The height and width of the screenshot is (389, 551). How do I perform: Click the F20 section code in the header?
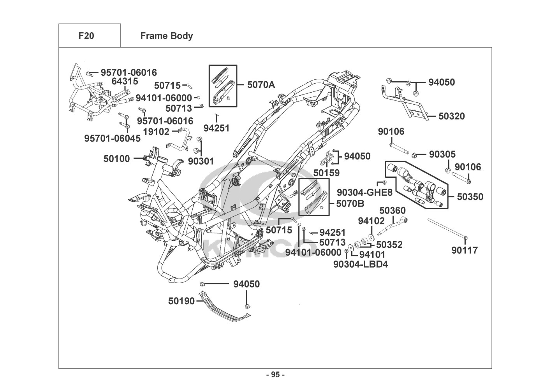point(86,36)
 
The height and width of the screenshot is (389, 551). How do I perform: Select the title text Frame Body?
point(166,36)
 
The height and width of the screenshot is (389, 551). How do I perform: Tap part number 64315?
point(125,81)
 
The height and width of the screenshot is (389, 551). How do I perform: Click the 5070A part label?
point(261,84)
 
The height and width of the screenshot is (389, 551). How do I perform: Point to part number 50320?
point(451,116)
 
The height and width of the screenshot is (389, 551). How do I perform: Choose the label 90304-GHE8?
point(364,193)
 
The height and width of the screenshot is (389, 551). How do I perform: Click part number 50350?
point(470,197)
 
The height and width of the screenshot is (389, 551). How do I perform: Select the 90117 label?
point(465,250)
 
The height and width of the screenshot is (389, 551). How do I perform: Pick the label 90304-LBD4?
point(361,265)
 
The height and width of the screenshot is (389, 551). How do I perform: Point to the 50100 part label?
point(116,159)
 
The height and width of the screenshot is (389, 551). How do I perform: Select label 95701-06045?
point(113,138)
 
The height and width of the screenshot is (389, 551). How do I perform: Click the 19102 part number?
point(156,131)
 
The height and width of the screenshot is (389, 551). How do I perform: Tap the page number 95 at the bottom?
point(275,375)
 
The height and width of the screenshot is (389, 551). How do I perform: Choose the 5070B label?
point(350,203)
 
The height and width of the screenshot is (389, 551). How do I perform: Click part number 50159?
point(326,173)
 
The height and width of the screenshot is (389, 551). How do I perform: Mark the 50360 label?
point(393,210)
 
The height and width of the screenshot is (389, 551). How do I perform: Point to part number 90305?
point(442,154)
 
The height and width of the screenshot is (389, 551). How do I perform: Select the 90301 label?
point(201,161)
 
